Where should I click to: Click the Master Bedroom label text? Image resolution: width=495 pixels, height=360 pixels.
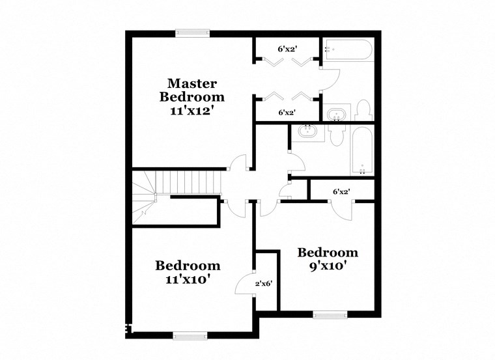click(x=192, y=90)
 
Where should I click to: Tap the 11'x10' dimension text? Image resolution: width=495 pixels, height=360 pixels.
click(x=188, y=279)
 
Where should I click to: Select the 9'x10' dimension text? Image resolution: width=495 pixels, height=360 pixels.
click(x=328, y=266)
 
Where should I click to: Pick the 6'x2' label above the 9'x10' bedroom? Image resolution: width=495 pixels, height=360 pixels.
click(x=342, y=192)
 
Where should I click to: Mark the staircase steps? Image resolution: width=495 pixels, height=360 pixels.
click(x=193, y=181)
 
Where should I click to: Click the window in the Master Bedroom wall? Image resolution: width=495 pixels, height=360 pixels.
click(x=192, y=33)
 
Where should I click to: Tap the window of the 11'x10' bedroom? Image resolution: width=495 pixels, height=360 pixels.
click(x=190, y=336)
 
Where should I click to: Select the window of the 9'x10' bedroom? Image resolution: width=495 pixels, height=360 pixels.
click(x=329, y=315)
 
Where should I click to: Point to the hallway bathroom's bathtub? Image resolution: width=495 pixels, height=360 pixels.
click(x=362, y=150)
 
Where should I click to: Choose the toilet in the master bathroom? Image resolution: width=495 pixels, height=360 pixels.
click(x=363, y=111)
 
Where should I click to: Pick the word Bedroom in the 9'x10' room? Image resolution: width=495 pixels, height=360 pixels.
click(x=328, y=252)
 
